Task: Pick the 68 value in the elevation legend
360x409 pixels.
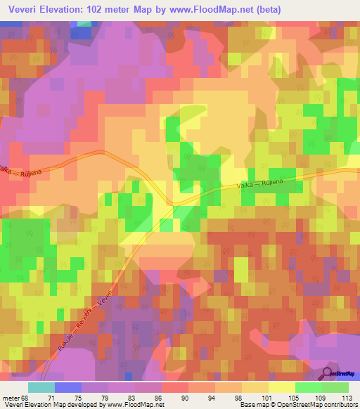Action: point(27,397)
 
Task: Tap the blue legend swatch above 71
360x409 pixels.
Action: point(68,387)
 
